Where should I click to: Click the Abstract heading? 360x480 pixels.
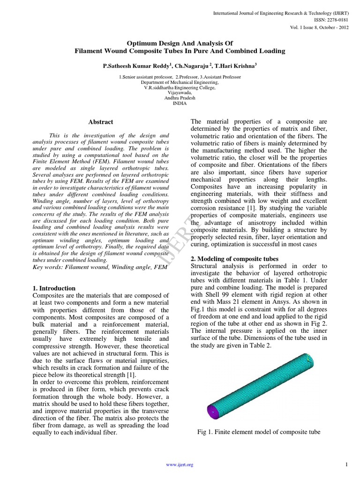101,122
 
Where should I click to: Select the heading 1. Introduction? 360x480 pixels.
54,288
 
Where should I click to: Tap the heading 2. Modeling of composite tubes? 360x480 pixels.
234,259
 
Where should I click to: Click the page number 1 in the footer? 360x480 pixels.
346,465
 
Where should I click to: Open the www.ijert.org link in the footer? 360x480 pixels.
180,465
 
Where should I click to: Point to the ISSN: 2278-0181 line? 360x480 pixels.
336,20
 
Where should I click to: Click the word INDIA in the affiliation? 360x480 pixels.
180,103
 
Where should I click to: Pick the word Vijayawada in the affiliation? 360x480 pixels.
180,93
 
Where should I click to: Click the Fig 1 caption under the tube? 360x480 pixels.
259,432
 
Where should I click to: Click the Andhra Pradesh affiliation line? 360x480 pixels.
180,98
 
